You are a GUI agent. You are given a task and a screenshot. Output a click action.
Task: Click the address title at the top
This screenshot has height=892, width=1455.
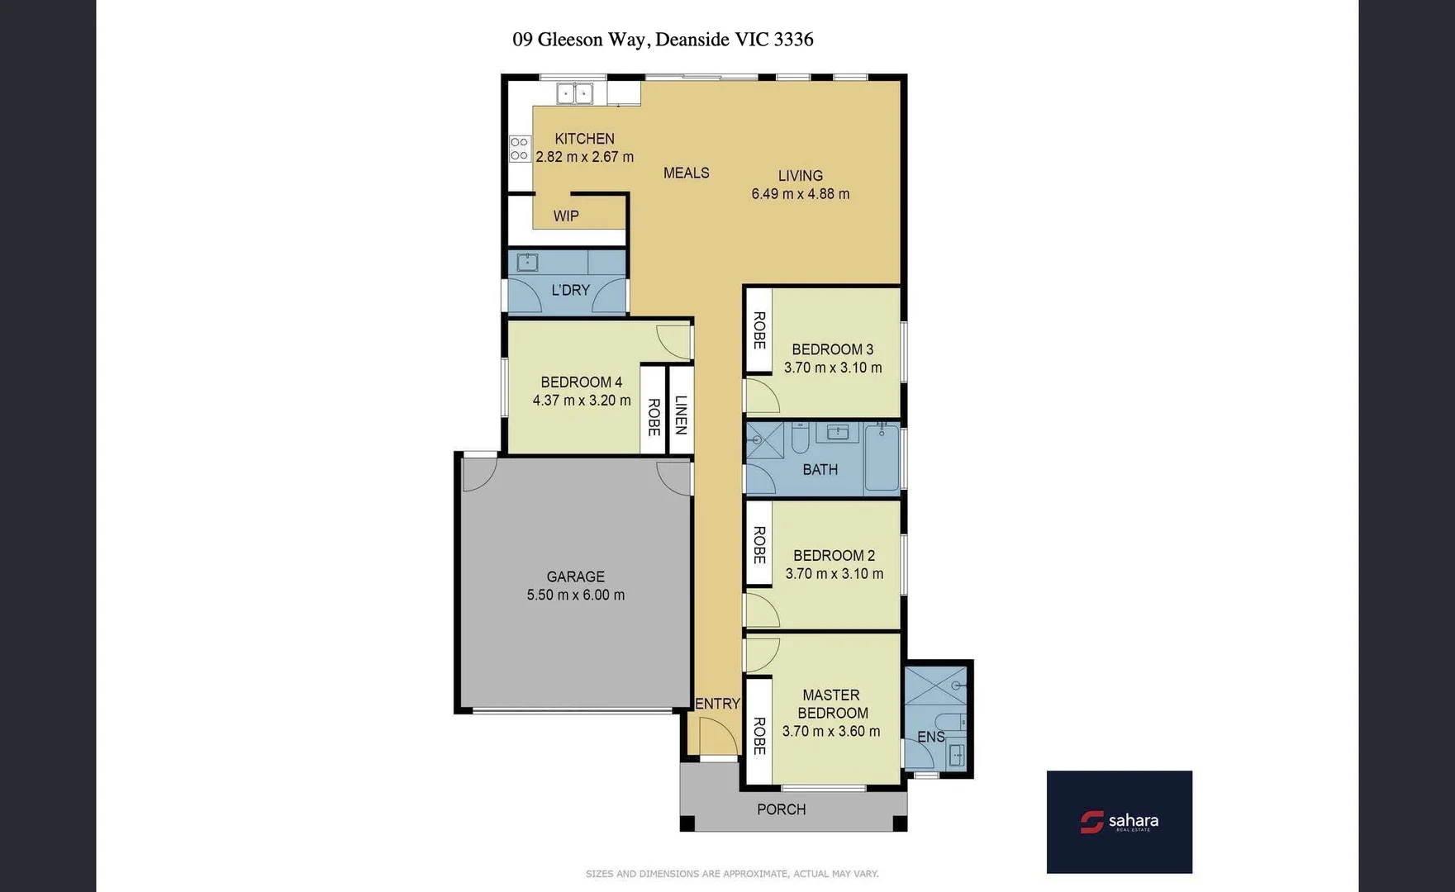click(x=663, y=40)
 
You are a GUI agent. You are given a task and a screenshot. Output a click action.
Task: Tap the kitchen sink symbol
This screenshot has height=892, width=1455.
click(x=574, y=93)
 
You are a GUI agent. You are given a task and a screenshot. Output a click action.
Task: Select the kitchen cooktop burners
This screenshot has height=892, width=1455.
click(x=519, y=149)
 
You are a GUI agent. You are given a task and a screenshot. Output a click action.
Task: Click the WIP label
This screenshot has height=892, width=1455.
click(x=566, y=216)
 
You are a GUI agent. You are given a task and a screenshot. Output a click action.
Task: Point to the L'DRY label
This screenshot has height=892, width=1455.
click(x=570, y=290)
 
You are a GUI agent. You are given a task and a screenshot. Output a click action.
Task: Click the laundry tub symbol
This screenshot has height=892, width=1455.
click(x=527, y=263)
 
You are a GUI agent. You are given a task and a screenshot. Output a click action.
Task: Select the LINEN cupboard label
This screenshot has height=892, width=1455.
click(x=681, y=415)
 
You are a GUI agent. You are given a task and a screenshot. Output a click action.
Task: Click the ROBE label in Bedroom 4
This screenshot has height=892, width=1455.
click(x=654, y=417)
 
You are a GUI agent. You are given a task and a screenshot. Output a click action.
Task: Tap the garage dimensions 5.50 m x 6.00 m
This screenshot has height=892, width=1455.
click(x=576, y=595)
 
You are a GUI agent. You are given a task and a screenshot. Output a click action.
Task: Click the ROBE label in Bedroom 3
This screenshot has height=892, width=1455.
click(x=758, y=330)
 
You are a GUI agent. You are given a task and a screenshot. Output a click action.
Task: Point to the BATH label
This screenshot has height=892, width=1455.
click(x=820, y=470)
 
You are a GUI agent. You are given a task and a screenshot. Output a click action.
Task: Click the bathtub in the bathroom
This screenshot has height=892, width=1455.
click(x=882, y=459)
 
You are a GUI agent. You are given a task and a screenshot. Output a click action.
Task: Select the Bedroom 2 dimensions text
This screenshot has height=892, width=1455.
click(x=834, y=574)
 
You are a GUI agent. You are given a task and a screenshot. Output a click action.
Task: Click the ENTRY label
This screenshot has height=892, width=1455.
click(x=717, y=704)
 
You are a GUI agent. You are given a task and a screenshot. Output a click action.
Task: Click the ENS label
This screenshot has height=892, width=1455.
click(x=930, y=737)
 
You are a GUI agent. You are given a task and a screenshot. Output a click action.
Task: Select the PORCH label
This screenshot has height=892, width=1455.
click(x=781, y=809)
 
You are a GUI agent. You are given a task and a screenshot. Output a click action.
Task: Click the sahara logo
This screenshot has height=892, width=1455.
click(x=1119, y=822)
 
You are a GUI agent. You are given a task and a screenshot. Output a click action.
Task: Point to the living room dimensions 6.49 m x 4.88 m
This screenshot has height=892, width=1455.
click(x=800, y=194)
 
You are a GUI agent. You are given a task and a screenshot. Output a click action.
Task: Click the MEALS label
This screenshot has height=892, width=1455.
click(x=686, y=173)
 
